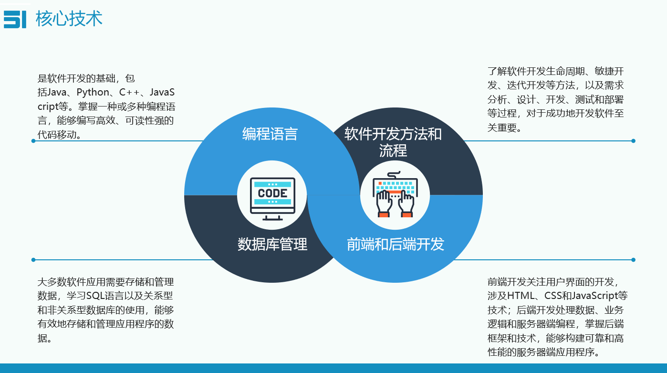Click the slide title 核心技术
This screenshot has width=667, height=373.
click(69, 19)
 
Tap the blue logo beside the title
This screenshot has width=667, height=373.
click(15, 19)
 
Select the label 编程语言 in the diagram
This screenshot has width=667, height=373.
click(270, 134)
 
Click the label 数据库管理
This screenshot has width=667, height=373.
click(272, 244)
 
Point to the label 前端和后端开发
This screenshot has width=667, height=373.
click(396, 244)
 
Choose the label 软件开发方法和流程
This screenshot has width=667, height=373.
click(393, 142)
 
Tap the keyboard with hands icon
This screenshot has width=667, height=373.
click(395, 195)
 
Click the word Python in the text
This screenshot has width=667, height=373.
click(93, 92)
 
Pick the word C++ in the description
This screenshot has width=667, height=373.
click(129, 92)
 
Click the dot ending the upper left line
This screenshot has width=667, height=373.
click(33, 141)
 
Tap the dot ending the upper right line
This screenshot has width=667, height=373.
click(633, 141)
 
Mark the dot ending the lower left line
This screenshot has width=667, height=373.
click(33, 260)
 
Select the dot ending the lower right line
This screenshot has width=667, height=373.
click(633, 260)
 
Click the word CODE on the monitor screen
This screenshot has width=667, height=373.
click(272, 193)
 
